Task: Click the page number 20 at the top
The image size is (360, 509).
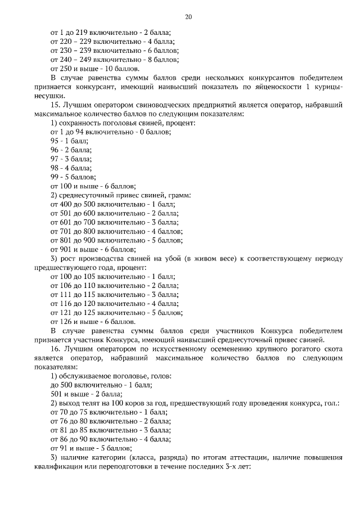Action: pos(188,17)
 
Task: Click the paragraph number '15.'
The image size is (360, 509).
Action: pos(55,105)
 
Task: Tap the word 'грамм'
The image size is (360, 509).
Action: pos(179,195)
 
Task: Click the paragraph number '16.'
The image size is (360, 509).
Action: pos(55,349)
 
